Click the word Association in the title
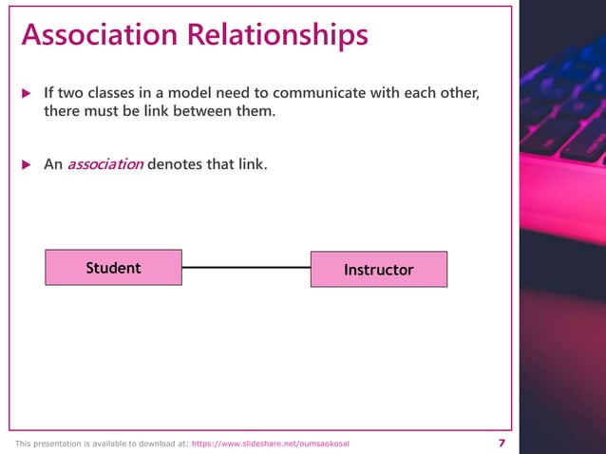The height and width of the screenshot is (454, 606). [x=100, y=35]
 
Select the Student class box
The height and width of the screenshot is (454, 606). [x=113, y=268]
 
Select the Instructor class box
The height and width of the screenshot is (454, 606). [x=378, y=270]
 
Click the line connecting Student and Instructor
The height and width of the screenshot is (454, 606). [x=246, y=268]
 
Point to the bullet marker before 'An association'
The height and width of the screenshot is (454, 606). [x=27, y=164]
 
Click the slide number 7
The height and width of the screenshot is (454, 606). [x=502, y=444]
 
